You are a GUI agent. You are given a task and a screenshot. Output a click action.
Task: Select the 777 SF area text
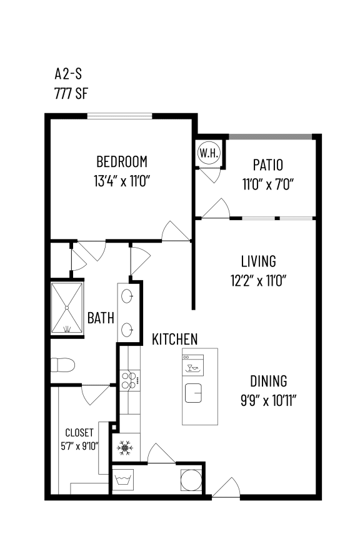[x=72, y=94]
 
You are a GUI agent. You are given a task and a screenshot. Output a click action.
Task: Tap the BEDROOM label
[x=122, y=162]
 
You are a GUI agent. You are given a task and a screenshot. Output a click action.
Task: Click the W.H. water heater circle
[x=207, y=153]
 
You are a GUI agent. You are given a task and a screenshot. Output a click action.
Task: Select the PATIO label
[x=267, y=166]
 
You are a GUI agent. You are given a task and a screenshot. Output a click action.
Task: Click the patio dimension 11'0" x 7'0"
[x=267, y=184]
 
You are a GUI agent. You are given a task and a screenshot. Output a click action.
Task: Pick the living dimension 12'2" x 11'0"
[x=258, y=280]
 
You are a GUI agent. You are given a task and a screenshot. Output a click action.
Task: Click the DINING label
[x=269, y=381]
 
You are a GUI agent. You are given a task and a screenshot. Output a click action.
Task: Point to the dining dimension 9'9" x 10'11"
[x=269, y=400]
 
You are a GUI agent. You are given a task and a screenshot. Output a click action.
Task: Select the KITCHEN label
[x=175, y=339]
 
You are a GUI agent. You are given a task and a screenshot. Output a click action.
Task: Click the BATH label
[x=100, y=318]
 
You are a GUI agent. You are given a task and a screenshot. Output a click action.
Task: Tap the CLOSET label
[x=79, y=433]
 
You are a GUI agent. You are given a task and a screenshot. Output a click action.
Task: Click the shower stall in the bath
[x=67, y=309]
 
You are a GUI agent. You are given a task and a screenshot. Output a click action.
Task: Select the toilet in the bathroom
[x=63, y=364]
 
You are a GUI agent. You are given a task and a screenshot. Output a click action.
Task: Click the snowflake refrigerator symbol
[x=125, y=448]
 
